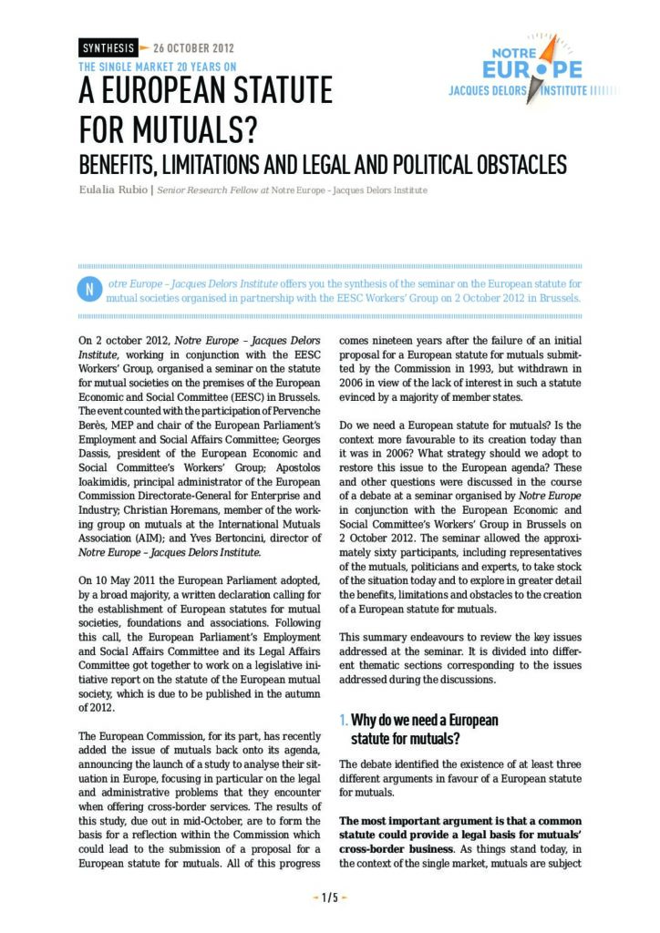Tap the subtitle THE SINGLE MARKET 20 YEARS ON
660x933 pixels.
pos(158,67)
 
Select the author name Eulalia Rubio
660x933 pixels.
pos(112,190)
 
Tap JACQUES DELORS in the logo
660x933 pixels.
pos(492,91)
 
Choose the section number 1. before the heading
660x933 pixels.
pos(343,721)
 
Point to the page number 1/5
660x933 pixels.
pos(329,897)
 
